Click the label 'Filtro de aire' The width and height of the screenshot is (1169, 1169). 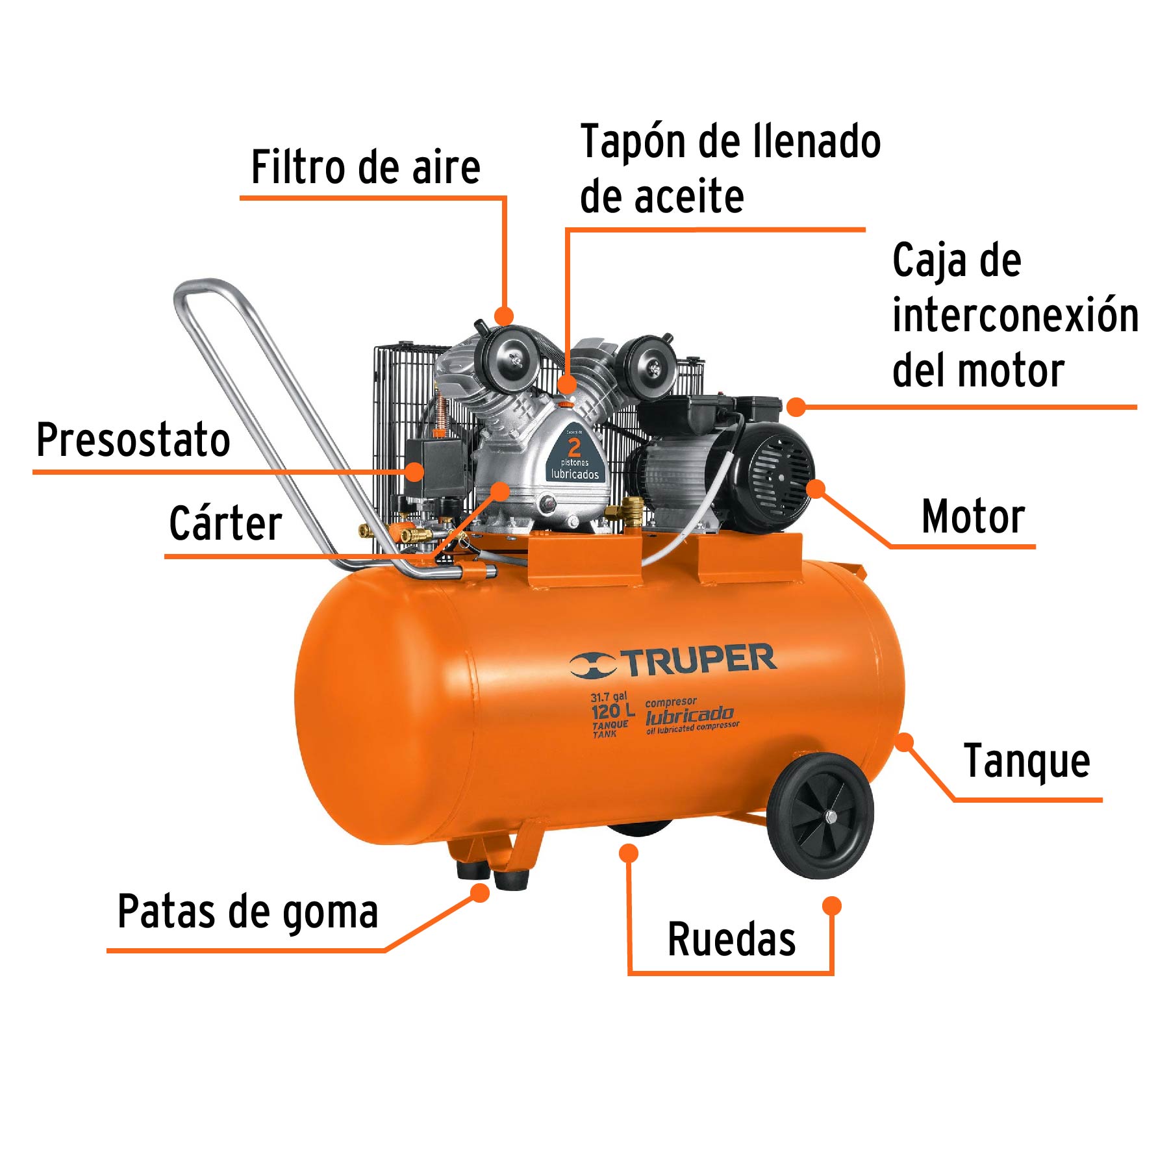tap(366, 168)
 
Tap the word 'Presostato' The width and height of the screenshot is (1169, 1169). tap(133, 440)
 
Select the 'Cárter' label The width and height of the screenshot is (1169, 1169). tap(225, 523)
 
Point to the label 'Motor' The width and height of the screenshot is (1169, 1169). tap(973, 517)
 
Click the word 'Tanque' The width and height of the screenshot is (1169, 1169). tap(1027, 761)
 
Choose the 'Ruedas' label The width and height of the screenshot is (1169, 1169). tap(731, 939)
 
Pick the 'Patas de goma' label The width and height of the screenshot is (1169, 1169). tap(247, 912)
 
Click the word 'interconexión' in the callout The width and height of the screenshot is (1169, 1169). tap(1015, 316)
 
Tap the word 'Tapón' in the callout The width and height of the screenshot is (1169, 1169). tap(633, 142)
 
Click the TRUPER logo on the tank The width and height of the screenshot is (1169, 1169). tap(673, 661)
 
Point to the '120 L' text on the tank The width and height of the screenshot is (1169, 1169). tap(612, 710)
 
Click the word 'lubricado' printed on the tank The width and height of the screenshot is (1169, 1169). tap(689, 716)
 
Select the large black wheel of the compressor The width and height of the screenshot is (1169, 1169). tap(820, 816)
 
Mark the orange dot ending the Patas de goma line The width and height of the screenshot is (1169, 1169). tap(480, 894)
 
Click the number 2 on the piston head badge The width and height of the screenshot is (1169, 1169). tap(574, 447)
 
